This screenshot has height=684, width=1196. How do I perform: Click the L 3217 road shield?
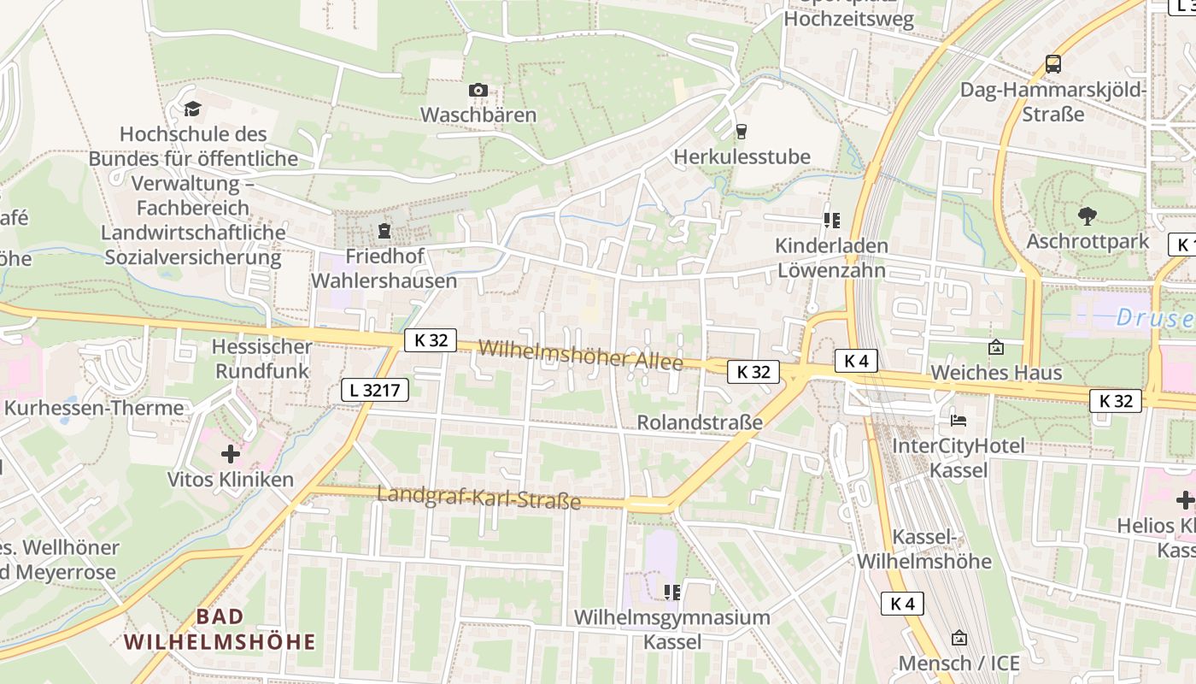pyautogui.click(x=374, y=391)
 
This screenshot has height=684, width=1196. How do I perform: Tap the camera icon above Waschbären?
pyautogui.click(x=478, y=91)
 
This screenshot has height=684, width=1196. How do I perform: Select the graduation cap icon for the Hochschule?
pyautogui.click(x=192, y=109)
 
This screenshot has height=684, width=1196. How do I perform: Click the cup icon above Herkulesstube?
pyautogui.click(x=741, y=132)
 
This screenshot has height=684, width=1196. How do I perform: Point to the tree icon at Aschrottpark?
pyautogui.click(x=1087, y=215)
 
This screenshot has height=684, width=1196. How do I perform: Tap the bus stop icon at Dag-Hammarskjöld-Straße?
pyautogui.click(x=1053, y=64)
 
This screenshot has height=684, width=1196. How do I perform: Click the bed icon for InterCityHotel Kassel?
pyautogui.click(x=959, y=421)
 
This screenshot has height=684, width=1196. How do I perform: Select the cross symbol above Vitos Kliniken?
pyautogui.click(x=230, y=454)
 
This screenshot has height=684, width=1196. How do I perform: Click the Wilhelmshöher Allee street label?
pyautogui.click(x=581, y=355)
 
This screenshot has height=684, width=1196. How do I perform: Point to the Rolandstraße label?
pyautogui.click(x=700, y=423)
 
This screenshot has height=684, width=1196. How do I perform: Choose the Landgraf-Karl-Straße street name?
pyautogui.click(x=478, y=498)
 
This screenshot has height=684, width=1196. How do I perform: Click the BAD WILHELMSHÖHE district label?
pyautogui.click(x=220, y=629)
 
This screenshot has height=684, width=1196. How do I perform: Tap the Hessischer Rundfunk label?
pyautogui.click(x=262, y=359)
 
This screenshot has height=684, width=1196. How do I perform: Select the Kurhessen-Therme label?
pyautogui.click(x=93, y=408)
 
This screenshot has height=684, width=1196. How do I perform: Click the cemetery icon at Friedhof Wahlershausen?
pyautogui.click(x=384, y=231)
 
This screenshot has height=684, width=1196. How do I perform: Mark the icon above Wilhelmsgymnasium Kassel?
pyautogui.click(x=672, y=592)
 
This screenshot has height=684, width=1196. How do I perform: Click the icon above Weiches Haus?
pyautogui.click(x=995, y=347)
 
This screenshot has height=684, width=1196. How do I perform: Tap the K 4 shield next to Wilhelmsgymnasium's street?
pyautogui.click(x=902, y=604)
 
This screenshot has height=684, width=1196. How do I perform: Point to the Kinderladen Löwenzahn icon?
pyautogui.click(x=831, y=221)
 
